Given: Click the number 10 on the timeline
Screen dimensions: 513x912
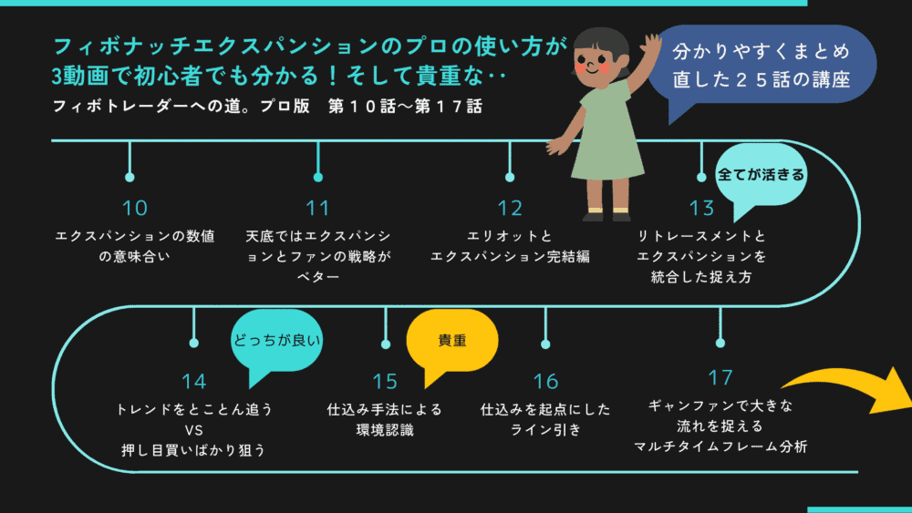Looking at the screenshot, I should (134, 208).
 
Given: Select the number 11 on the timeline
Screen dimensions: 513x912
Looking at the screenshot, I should (317, 208).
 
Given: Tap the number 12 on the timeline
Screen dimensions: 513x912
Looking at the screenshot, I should (509, 208).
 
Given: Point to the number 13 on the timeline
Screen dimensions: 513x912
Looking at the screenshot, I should (701, 208).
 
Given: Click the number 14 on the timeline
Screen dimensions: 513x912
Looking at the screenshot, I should (193, 381).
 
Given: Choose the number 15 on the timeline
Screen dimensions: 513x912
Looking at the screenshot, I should (385, 381).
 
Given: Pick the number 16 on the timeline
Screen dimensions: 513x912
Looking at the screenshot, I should (545, 381).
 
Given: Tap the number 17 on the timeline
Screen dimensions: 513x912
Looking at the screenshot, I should (720, 376).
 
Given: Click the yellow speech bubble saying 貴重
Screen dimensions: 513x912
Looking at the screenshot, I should (451, 340).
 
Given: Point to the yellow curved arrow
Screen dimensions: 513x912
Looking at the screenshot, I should (848, 387).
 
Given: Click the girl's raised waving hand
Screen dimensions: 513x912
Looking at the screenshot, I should (650, 47).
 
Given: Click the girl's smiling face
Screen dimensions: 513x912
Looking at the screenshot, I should (592, 64).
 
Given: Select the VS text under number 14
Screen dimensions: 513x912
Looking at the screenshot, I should (193, 429).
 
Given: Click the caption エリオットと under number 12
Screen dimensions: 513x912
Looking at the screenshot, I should (509, 236).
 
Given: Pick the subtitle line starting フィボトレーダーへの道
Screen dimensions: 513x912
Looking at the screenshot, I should (266, 106).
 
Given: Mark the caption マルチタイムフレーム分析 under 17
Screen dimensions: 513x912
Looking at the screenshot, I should (720, 446).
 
